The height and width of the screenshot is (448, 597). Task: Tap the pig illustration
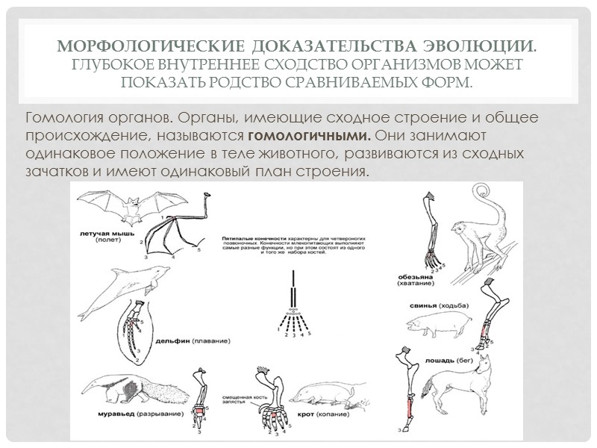coord(436,323)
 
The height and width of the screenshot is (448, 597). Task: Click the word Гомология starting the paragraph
coord(60,119)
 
